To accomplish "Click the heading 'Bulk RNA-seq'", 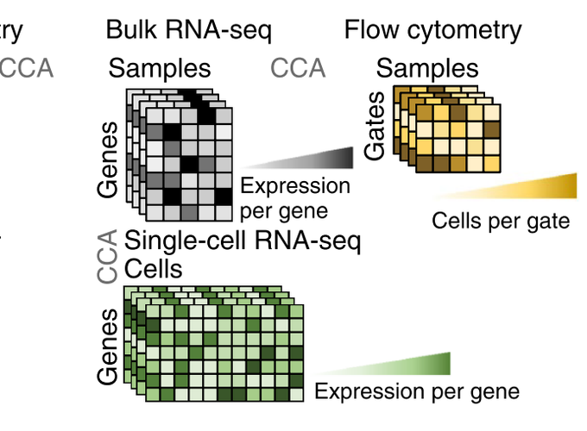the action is tap(189, 30).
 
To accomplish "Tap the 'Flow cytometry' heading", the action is tap(432, 30).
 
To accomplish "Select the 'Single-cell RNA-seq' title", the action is tap(243, 240).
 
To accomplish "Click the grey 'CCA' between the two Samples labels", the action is tap(298, 68).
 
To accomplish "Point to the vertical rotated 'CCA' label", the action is tap(107, 256).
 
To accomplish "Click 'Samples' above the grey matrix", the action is tap(160, 68).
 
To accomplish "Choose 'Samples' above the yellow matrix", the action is tap(427, 68).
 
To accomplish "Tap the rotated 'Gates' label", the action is tap(375, 126).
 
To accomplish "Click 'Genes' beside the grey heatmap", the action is tap(107, 159).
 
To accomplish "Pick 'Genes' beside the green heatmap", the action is tap(107, 347).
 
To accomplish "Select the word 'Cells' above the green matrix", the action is tap(154, 269).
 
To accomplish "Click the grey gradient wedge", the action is tap(296, 158).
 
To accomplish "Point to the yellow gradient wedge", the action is tap(504, 186).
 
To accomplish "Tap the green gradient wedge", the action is tap(382, 364).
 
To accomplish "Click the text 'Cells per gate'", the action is tap(501, 221).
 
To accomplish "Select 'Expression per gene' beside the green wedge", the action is tap(417, 391).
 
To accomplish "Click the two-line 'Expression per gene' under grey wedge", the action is tap(295, 198).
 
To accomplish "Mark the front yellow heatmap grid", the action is tap(458, 138).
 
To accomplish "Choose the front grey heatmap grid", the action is tap(189, 165).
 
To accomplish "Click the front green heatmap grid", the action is tap(224, 353).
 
